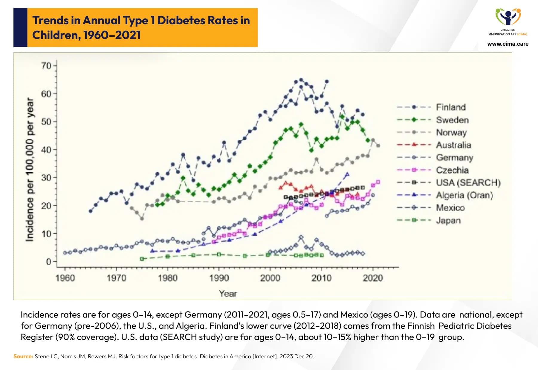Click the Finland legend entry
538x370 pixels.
tap(450, 107)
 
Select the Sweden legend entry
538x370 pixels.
tap(452, 120)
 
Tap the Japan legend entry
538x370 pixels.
tap(448, 220)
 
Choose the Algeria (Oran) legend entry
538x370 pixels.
tap(464, 195)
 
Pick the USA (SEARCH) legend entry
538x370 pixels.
tap(468, 182)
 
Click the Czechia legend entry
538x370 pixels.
tap(452, 170)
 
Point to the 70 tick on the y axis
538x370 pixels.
tap(46, 65)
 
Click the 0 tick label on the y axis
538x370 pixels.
tap(49, 262)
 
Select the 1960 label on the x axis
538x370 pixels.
tap(65, 278)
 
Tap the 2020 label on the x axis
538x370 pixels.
tap(373, 278)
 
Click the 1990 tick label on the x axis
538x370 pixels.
tap(219, 278)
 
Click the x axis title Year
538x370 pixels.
tap(228, 294)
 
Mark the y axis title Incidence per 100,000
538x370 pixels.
tap(30, 169)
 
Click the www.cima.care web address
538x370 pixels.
tap(508, 44)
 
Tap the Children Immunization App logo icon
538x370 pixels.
tap(508, 17)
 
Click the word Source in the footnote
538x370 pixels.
tap(23, 356)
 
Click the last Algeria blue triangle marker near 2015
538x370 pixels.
tap(347, 174)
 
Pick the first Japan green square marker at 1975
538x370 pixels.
tap(142, 259)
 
